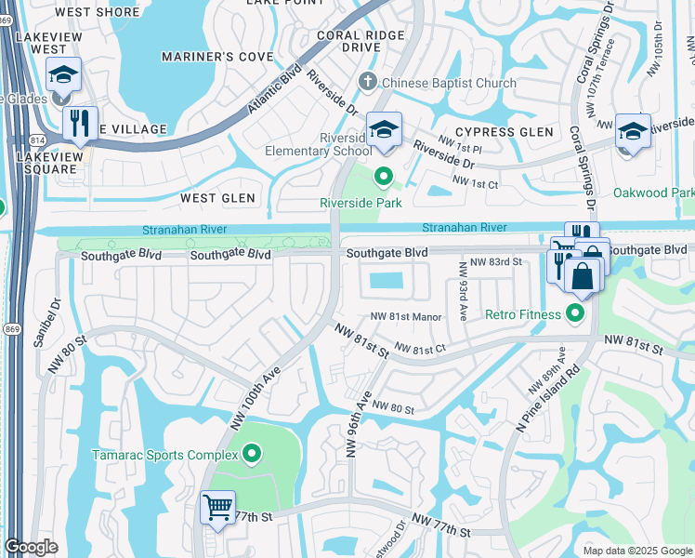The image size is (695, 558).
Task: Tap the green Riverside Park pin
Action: (x=382, y=175)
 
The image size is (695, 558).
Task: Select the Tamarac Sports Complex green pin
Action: (x=251, y=455)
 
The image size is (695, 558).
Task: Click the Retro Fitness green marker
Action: (x=577, y=314)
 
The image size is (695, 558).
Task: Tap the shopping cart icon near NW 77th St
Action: (x=217, y=509)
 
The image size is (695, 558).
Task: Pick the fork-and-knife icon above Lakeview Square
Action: (x=80, y=123)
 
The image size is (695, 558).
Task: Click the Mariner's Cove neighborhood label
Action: (x=217, y=58)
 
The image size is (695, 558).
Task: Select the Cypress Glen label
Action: (x=504, y=132)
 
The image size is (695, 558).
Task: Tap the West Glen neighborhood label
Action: (x=217, y=198)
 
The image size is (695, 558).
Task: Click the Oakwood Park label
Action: (x=654, y=193)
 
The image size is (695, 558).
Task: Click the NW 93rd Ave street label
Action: (x=462, y=288)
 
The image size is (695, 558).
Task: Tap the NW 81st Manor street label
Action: (x=406, y=317)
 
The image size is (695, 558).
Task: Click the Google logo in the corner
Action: (x=31, y=547)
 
